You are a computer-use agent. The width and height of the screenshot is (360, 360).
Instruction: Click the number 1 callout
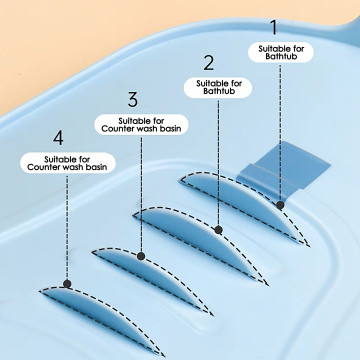click(274, 28)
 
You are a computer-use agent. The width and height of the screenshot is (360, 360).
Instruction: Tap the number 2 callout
click(209, 63)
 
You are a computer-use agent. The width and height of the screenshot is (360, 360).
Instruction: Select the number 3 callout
click(133, 99)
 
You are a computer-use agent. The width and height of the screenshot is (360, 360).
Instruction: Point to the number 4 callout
click(58, 138)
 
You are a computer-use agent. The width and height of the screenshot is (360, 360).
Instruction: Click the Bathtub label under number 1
click(281, 52)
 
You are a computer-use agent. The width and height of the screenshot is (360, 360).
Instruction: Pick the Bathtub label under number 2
click(219, 87)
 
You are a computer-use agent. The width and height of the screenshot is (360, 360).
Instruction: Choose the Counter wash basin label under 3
click(141, 125)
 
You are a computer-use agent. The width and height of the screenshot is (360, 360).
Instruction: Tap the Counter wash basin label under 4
click(67, 163)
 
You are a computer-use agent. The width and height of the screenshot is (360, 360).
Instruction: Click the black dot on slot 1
click(280, 205)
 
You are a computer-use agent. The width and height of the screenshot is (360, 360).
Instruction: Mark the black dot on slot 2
click(218, 230)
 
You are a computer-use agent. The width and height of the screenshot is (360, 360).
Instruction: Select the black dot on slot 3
click(141, 256)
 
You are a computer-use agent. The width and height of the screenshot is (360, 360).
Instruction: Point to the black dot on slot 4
click(67, 284)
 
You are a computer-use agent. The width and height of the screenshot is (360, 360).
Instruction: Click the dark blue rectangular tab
click(283, 168)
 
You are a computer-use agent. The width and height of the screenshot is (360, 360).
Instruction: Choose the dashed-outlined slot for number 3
click(152, 277)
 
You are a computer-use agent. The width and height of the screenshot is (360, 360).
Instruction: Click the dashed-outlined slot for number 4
click(100, 317)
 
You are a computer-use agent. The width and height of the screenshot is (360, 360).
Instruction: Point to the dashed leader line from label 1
click(280, 132)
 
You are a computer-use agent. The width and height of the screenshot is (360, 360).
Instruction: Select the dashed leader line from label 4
click(67, 227)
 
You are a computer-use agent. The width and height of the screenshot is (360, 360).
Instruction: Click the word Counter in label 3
click(117, 129)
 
